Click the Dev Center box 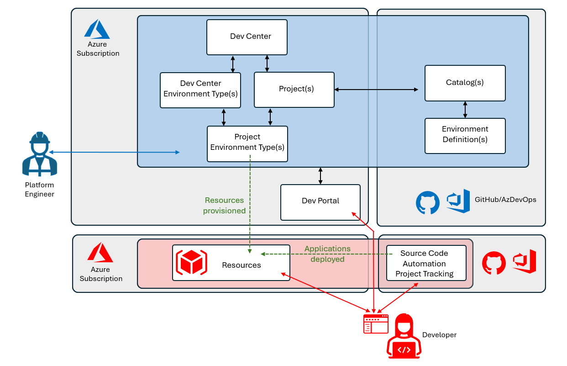tap(247, 37)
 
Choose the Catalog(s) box tap(465, 83)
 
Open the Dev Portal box tap(320, 202)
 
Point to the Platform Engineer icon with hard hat tap(40, 154)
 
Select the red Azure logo tap(100, 253)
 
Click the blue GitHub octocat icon tap(428, 202)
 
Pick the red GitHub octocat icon tap(494, 263)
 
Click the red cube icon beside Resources tap(191, 263)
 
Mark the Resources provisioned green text tap(224, 206)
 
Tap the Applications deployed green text tap(327, 254)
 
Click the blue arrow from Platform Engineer tap(114, 152)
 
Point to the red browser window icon tap(376, 324)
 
